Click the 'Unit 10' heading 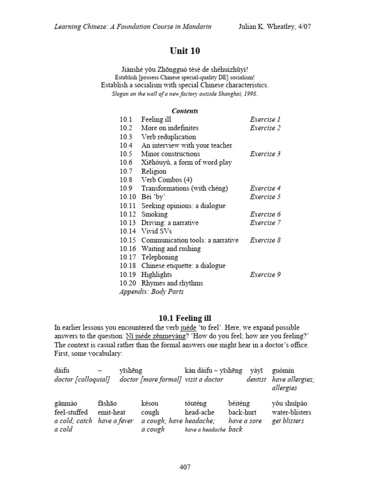[x=185, y=51]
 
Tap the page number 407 [x=185, y=467]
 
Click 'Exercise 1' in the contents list [x=265, y=119]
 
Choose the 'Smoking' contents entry [x=154, y=214]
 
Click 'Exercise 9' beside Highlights [x=265, y=274]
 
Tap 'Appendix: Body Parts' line [x=151, y=291]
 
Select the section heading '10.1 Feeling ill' [x=185, y=318]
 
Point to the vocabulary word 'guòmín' [x=283, y=370]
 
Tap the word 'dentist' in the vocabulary [x=256, y=379]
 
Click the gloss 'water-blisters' [x=291, y=412]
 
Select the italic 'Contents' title [x=185, y=110]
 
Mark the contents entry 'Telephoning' [x=160, y=257]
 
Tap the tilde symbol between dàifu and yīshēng [x=100, y=370]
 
